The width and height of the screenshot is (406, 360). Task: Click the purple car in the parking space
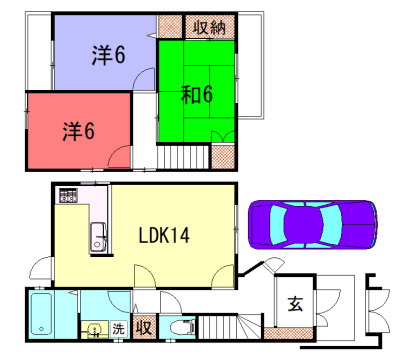(312, 224)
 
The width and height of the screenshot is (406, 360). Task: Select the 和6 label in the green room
(197, 96)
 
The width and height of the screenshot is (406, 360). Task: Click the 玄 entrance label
(296, 306)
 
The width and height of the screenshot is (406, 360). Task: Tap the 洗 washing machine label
(118, 328)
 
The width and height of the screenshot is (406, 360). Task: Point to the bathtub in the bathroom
(43, 316)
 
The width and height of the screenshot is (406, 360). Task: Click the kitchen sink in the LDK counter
(100, 238)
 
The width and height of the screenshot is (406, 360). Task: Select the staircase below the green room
(184, 156)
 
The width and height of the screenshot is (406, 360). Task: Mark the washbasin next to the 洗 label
(93, 328)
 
